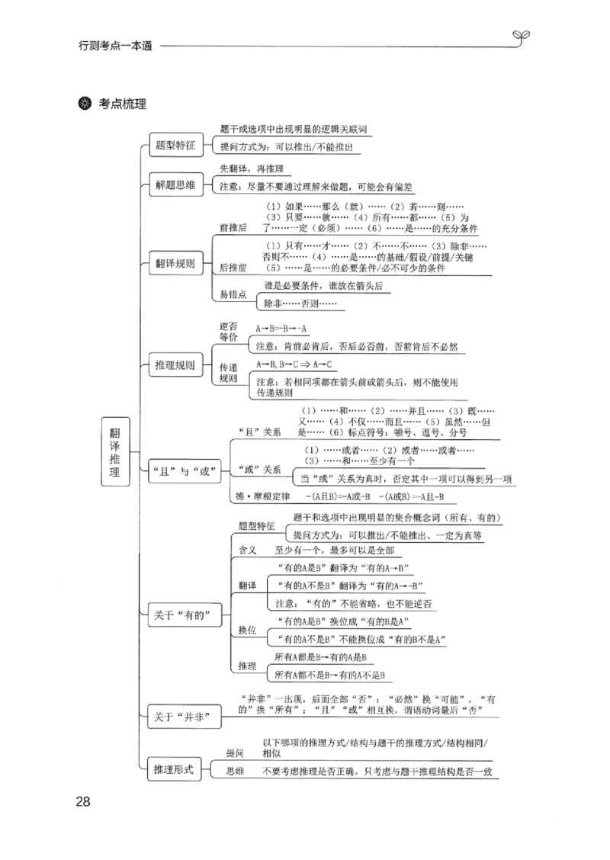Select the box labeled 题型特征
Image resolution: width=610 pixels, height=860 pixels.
[175, 144]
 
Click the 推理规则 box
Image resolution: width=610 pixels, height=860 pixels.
[175, 364]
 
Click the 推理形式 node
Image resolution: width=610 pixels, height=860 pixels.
[175, 769]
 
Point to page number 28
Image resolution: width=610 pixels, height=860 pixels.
[83, 801]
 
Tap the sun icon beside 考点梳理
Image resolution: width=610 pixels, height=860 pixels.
[85, 104]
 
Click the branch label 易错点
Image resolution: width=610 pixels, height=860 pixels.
[233, 294]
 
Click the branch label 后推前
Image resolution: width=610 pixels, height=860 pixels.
[233, 268]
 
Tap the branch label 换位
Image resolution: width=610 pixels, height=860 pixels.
[246, 630]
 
